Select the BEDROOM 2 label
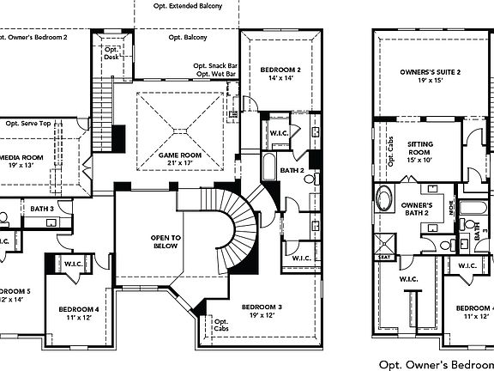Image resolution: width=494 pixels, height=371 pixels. coord(280,69)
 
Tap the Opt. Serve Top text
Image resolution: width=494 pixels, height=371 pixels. coord(28,123)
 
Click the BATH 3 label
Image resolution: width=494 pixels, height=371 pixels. coord(42,208)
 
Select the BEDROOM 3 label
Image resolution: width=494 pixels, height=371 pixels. coord(262,307)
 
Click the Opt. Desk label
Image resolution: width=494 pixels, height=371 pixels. coord(111,53)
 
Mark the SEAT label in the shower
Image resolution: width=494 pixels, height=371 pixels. coord(383,256)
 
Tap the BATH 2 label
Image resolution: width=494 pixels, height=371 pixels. coord(292,171)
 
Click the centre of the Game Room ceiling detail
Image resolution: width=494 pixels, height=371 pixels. coord(181,129)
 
